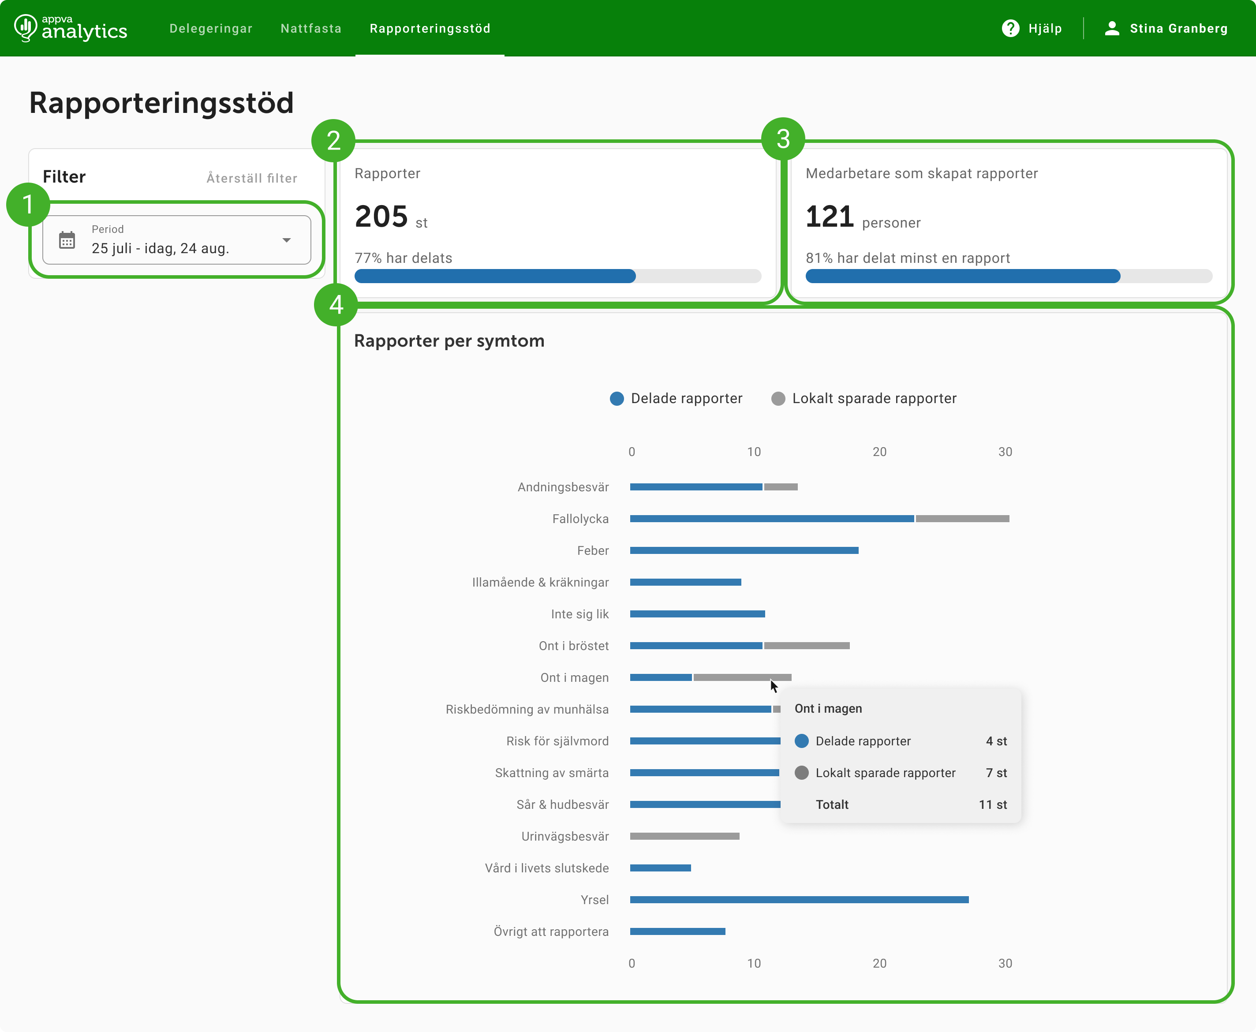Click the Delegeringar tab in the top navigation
[210, 29]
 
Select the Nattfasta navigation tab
[311, 29]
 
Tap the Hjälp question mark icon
[1010, 29]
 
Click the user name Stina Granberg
[1178, 29]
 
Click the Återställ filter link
[252, 178]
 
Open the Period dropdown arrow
[287, 240]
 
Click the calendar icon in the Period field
[67, 240]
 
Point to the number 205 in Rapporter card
[381, 217]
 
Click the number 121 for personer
[830, 217]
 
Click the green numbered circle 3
[783, 139]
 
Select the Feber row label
[593, 550]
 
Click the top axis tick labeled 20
[879, 452]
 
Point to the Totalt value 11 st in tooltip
[993, 805]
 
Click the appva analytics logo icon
[25, 27]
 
